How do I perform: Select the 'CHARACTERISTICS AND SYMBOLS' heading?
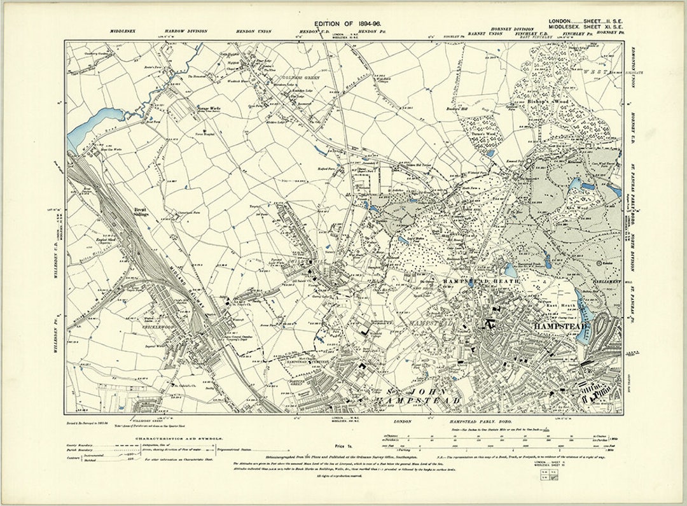[168, 438]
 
